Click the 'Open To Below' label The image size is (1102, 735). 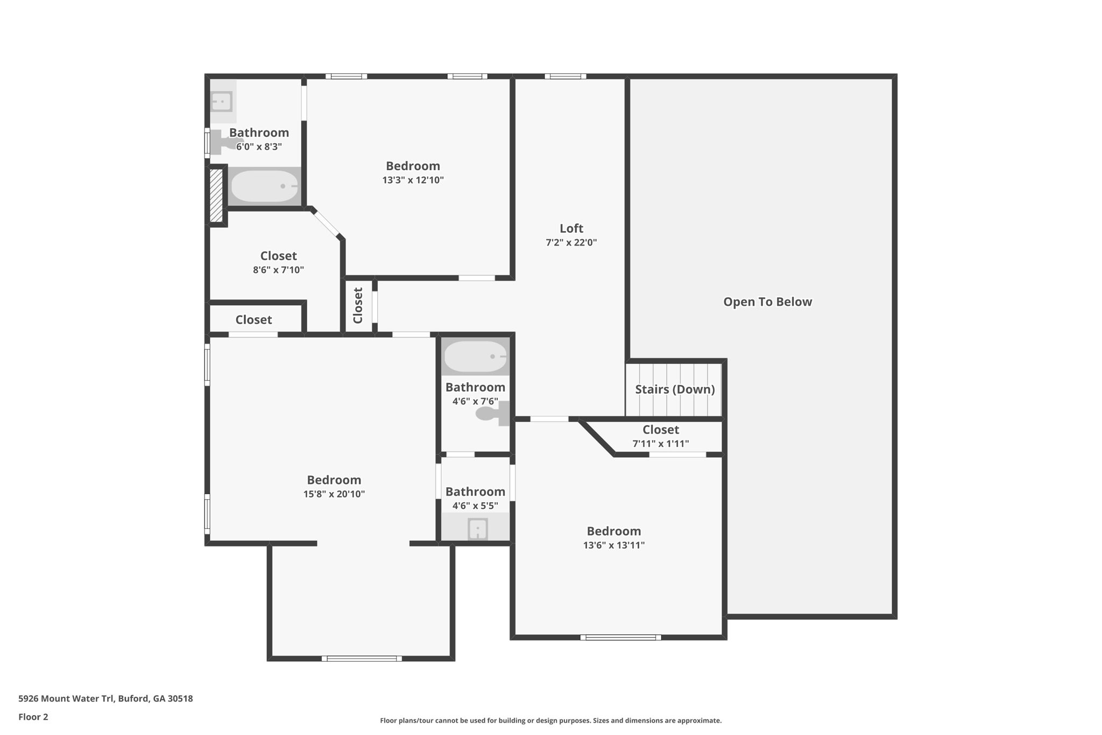pyautogui.click(x=767, y=302)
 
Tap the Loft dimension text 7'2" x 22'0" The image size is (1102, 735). pyautogui.click(x=571, y=242)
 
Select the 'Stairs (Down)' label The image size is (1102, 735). pyautogui.click(x=675, y=389)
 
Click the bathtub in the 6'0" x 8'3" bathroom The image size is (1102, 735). pyautogui.click(x=264, y=186)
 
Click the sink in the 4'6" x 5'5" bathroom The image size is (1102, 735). pyautogui.click(x=477, y=528)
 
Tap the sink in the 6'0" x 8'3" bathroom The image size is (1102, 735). pyautogui.click(x=221, y=101)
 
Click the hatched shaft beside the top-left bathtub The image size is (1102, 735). pyautogui.click(x=216, y=195)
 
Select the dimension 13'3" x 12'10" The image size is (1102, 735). pyautogui.click(x=413, y=180)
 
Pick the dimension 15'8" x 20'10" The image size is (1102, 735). pyautogui.click(x=334, y=494)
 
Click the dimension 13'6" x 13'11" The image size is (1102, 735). pyautogui.click(x=613, y=545)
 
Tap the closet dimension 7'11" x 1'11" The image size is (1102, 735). pyautogui.click(x=660, y=444)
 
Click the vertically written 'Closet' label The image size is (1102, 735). pyautogui.click(x=358, y=305)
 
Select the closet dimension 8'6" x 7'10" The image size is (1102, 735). pyautogui.click(x=278, y=270)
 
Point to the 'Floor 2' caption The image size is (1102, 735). pyautogui.click(x=33, y=717)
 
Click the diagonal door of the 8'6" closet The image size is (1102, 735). pyautogui.click(x=327, y=223)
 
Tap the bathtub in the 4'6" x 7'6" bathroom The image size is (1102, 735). pyautogui.click(x=475, y=356)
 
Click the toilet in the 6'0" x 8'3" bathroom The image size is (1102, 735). pyautogui.click(x=223, y=142)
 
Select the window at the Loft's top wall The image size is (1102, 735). pyautogui.click(x=565, y=76)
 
